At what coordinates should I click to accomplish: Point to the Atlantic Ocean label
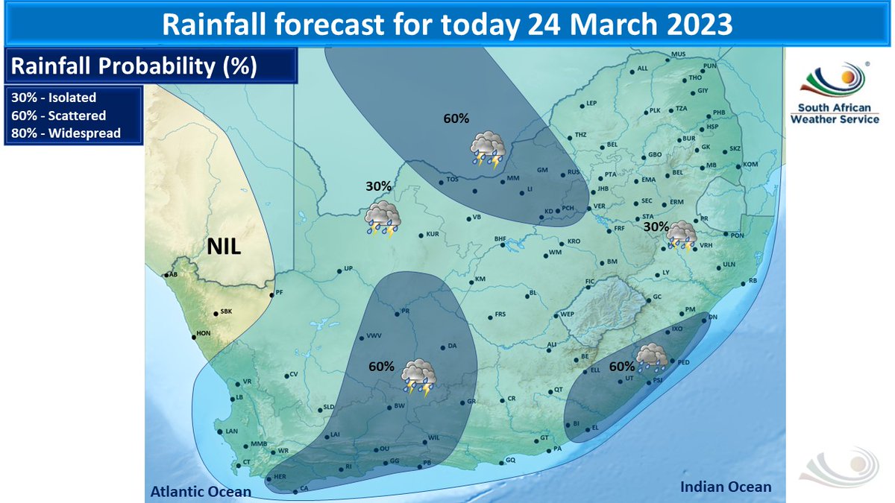click(x=201, y=492)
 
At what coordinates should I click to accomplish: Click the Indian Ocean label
click(x=726, y=487)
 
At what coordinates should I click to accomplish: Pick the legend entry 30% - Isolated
click(x=54, y=98)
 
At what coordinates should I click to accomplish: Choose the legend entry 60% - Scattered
click(x=58, y=116)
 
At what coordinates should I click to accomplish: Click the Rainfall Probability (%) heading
click(x=134, y=66)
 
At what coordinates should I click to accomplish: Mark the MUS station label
click(x=678, y=54)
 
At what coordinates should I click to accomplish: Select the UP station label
click(x=348, y=270)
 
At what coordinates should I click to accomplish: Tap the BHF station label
click(x=500, y=238)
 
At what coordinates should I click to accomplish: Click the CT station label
click(x=246, y=463)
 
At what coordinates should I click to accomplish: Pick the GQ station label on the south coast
click(x=510, y=460)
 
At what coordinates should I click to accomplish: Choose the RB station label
click(x=753, y=280)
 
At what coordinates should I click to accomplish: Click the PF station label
click(x=280, y=293)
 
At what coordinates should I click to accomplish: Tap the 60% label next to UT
click(x=621, y=366)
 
